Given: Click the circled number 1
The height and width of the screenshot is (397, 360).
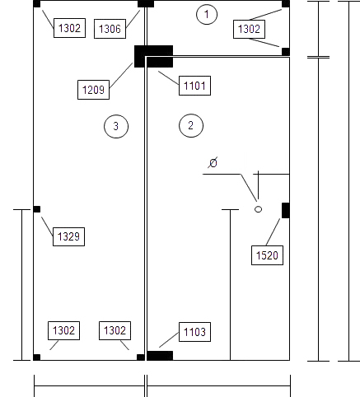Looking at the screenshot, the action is click(x=207, y=14).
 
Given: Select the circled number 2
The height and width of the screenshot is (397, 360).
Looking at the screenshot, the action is click(x=191, y=125).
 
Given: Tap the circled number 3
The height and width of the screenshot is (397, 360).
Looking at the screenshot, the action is click(x=116, y=126).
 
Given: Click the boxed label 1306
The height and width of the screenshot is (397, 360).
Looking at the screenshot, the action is click(x=110, y=29).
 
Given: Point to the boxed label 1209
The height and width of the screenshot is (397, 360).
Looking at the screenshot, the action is click(x=93, y=90).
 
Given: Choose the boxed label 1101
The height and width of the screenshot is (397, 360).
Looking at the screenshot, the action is click(x=194, y=86).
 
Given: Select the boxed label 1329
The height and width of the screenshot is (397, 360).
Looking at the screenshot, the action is click(x=68, y=236).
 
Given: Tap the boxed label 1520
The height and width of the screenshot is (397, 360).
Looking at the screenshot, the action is click(x=267, y=255).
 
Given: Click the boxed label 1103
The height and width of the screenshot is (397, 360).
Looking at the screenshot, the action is click(x=194, y=332).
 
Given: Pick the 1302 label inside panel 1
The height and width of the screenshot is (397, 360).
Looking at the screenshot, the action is click(x=249, y=29).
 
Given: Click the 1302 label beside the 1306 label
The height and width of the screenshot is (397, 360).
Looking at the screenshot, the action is click(x=69, y=28).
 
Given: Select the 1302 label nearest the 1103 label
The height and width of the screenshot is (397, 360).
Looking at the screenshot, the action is click(x=115, y=330).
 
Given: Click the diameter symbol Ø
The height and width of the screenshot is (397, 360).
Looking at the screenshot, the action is click(x=213, y=163).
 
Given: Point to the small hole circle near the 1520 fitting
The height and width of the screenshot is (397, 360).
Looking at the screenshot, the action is click(x=258, y=209).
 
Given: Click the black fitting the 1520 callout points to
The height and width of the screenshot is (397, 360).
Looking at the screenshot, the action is click(x=286, y=211).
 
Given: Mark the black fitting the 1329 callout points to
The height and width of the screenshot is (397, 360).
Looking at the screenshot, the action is click(x=37, y=209).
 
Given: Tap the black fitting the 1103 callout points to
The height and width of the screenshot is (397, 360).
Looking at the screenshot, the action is click(x=160, y=356).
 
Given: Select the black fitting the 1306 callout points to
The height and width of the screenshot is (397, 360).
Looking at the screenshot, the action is click(x=146, y=4).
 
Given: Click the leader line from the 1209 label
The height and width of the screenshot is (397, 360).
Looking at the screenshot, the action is click(x=121, y=76).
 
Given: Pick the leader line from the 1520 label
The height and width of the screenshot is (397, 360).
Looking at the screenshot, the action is click(x=273, y=232).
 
